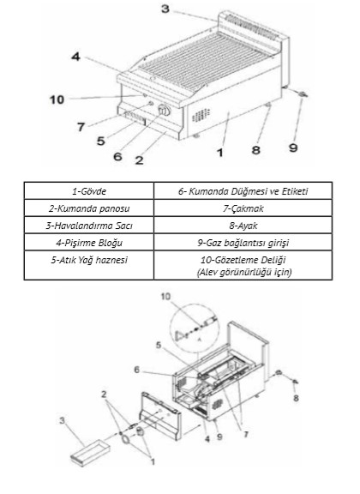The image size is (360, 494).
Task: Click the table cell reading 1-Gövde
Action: click(89, 190)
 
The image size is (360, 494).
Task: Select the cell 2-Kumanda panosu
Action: click(89, 208)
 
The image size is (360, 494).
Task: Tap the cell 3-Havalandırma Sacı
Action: click(89, 226)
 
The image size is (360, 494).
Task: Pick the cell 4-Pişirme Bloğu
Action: click(89, 242)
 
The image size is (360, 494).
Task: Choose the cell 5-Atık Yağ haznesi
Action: click(89, 265)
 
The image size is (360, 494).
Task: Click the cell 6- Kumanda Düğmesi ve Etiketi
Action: click(243, 190)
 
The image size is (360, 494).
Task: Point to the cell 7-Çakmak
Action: click(243, 208)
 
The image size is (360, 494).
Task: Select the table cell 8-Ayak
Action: click(243, 226)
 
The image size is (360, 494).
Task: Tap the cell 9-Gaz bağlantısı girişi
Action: click(243, 242)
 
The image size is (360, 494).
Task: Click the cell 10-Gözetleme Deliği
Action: click(243, 265)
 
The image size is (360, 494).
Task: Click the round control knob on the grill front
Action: click(164, 110)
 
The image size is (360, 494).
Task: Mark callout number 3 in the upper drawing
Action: click(165, 9)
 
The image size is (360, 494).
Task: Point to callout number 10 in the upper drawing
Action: click(57, 99)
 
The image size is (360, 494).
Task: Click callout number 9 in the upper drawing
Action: click(293, 148)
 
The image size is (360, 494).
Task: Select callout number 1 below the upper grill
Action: click(220, 153)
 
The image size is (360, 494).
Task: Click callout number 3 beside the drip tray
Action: click(63, 420)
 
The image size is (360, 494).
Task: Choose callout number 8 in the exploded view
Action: click(296, 398)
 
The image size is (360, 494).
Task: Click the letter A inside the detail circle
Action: click(199, 340)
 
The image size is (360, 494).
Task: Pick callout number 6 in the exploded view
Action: click(136, 370)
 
